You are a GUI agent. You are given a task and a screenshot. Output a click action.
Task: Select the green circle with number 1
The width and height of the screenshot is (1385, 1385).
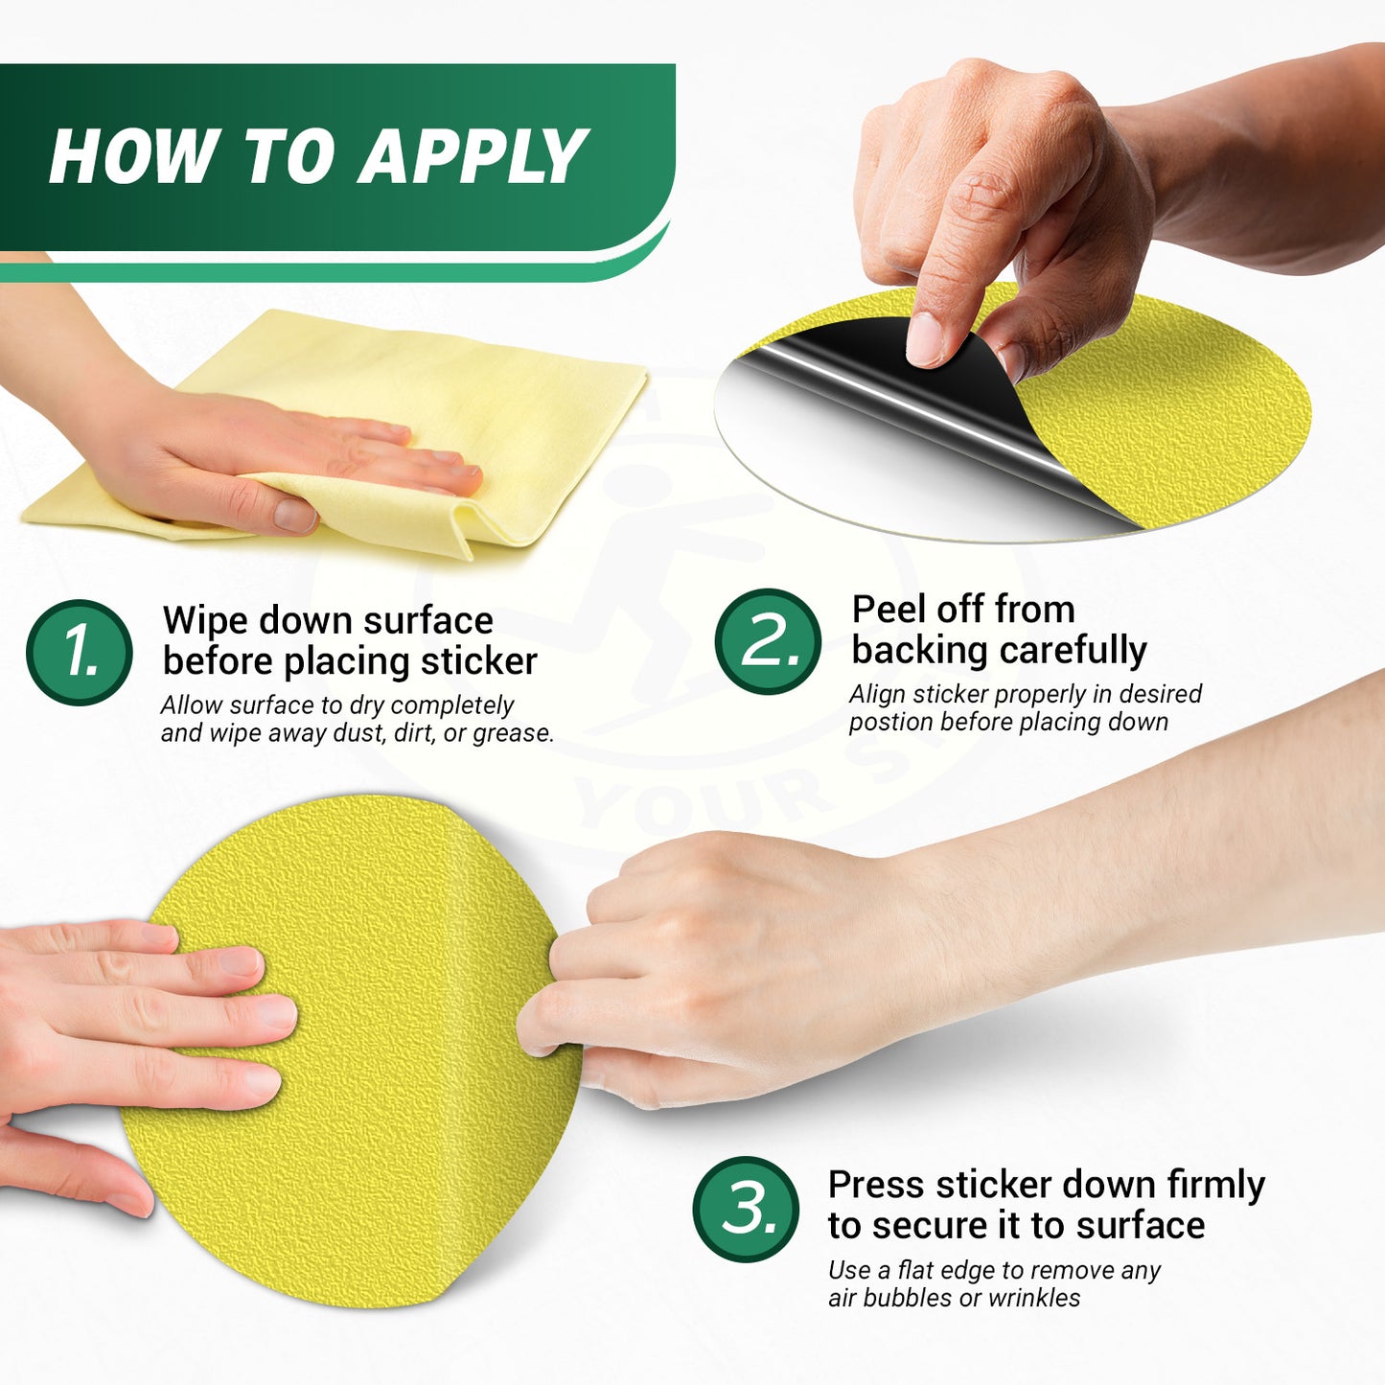coord(80,652)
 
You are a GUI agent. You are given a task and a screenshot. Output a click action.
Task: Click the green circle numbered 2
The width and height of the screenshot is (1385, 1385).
coord(768,640)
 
